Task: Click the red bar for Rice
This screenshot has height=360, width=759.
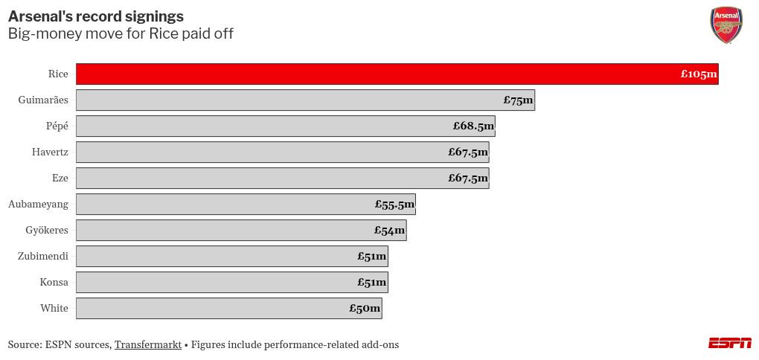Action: (x=397, y=74)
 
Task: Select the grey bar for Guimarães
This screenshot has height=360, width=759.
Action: (x=305, y=100)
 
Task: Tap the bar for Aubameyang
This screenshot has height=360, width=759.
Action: (x=246, y=205)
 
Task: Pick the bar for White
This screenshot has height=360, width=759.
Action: (x=229, y=308)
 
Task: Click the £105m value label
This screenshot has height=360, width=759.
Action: (x=699, y=74)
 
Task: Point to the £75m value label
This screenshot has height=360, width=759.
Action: (x=518, y=100)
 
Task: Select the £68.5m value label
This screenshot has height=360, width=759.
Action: (x=473, y=126)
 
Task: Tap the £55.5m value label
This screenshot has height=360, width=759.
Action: (x=394, y=205)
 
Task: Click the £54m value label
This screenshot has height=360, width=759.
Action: (x=389, y=231)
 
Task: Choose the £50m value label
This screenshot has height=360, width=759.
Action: (x=365, y=308)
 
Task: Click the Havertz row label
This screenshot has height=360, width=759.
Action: (x=50, y=152)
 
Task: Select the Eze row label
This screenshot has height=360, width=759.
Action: (x=60, y=179)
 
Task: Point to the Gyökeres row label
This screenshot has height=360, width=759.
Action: (x=46, y=231)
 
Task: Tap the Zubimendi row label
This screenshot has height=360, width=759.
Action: (x=42, y=257)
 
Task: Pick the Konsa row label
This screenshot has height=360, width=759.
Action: (x=54, y=283)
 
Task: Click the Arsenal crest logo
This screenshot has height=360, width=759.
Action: (x=726, y=25)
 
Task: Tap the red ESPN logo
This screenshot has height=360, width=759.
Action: (x=730, y=343)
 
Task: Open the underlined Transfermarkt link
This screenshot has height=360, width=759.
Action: (x=148, y=345)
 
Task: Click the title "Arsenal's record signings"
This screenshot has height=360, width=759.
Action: (x=96, y=16)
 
